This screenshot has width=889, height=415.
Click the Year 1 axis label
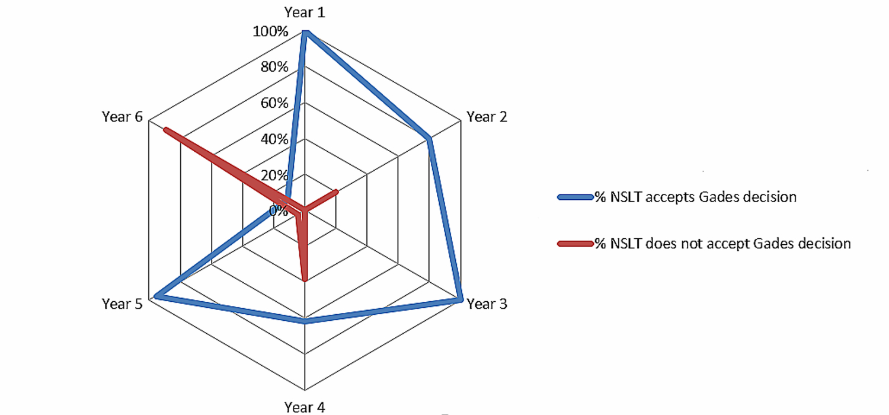[305, 12]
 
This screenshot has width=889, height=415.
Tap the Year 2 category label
[487, 117]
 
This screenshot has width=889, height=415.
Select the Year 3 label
[487, 304]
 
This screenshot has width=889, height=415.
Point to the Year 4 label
[305, 407]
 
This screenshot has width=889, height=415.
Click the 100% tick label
[270, 31]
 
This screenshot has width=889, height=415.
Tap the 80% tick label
[274, 67]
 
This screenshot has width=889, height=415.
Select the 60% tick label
[274, 103]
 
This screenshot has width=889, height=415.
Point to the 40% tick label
[274, 139]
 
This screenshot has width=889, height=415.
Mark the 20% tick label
[274, 175]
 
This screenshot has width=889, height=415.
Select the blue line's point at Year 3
[460, 300]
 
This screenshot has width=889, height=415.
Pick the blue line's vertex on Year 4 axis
[305, 321]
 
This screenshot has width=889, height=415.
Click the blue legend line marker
[575, 197]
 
